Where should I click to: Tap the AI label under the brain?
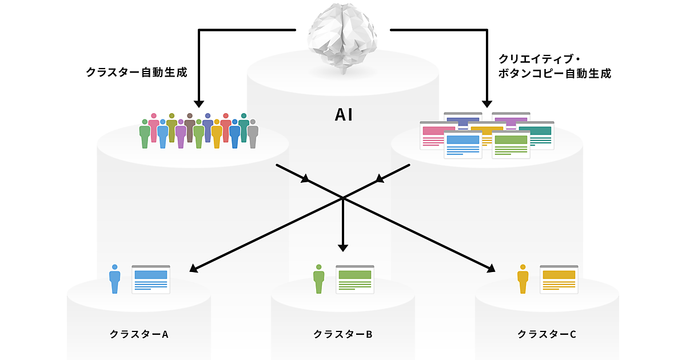tap(343, 115)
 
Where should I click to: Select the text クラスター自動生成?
tap(136, 73)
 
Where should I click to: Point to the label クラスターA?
tap(139, 334)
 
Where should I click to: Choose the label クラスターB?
tap(343, 334)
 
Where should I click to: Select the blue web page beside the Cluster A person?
tap(151, 279)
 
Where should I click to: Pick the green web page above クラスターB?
tap(355, 279)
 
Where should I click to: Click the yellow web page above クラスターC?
tap(559, 279)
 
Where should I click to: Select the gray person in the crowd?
tap(253, 134)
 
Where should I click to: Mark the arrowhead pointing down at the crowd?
tap(199, 103)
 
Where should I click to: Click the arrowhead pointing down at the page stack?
tap(487, 103)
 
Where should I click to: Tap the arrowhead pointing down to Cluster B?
tap(343, 247)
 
